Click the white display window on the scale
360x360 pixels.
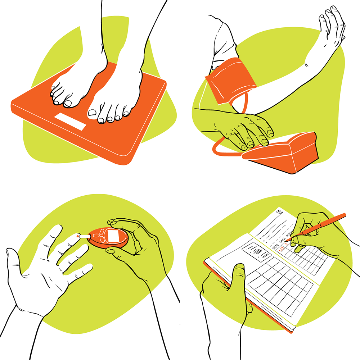coord(70,121)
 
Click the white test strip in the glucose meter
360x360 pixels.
coord(84,237)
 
